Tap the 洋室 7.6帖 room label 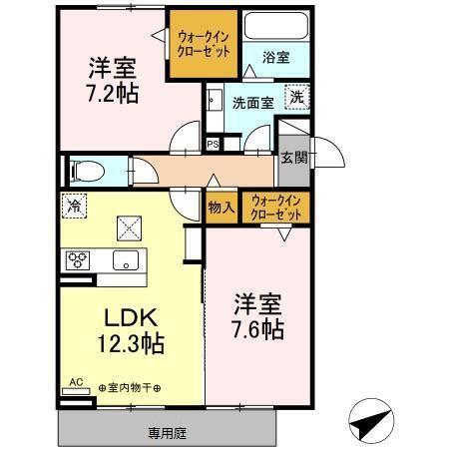coord(258,313)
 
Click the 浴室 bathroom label coord(276,58)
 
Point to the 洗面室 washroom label coord(251,102)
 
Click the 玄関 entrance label coord(293,157)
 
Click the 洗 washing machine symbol coord(296,98)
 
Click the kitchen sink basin coord(127,260)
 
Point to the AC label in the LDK coord(77,381)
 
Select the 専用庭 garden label coord(167,434)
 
